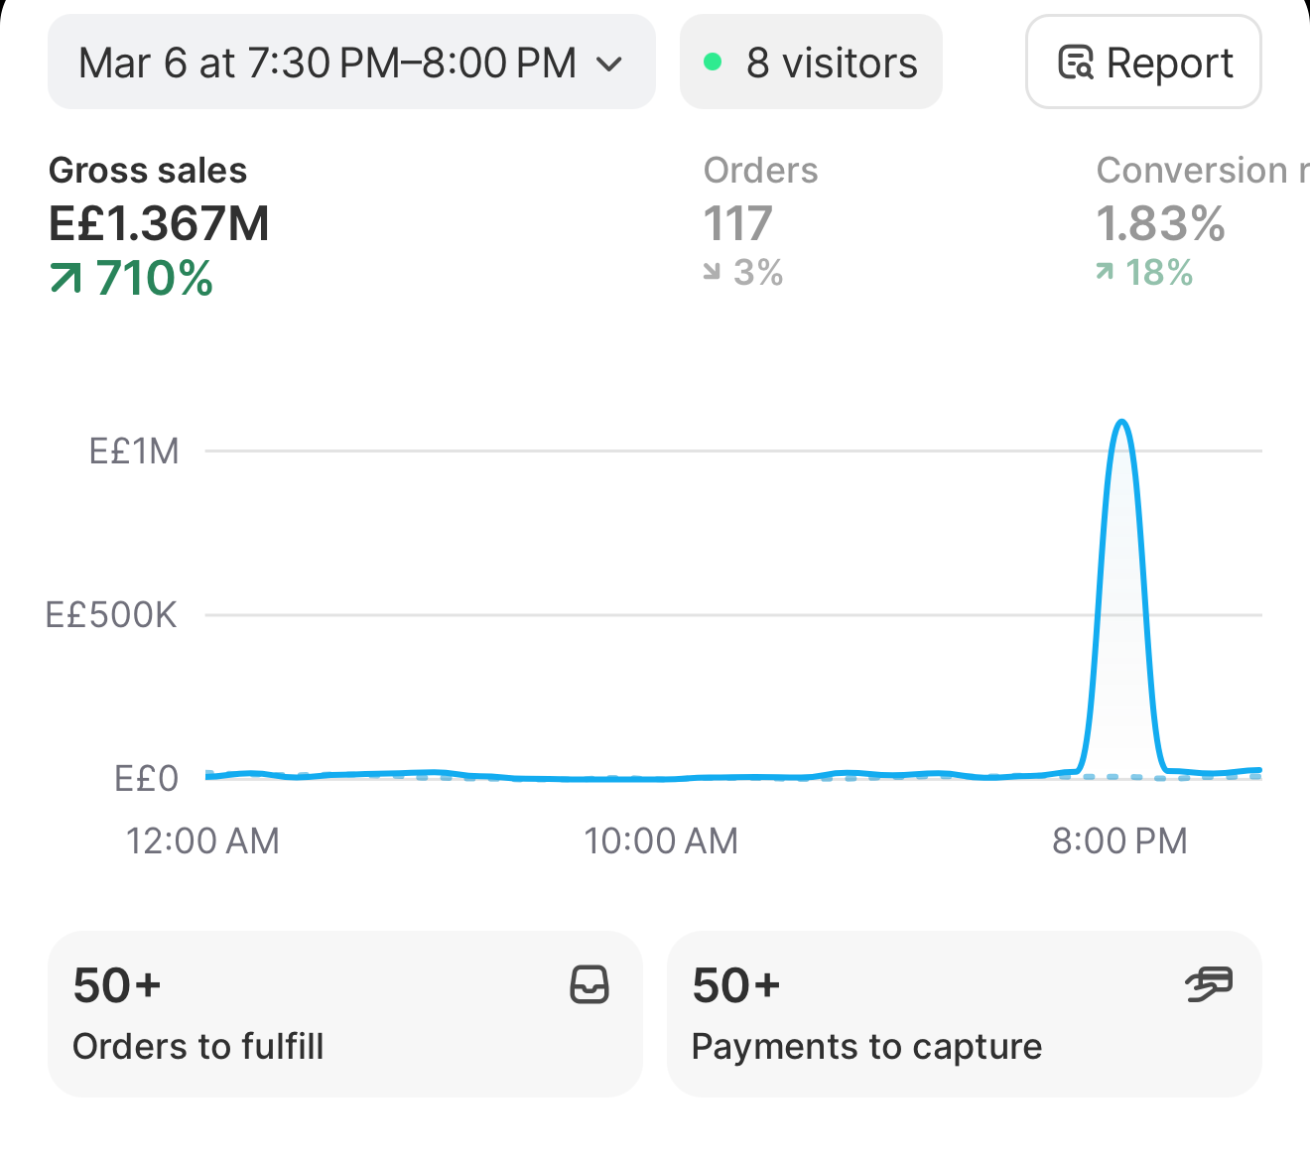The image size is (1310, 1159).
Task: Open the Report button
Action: point(1143,62)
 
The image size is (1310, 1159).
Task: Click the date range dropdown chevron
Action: point(608,64)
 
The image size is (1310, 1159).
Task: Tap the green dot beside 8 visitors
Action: point(713,62)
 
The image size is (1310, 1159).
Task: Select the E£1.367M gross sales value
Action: point(159,223)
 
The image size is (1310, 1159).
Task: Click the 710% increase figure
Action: point(154,278)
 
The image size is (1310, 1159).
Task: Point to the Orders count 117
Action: point(737,223)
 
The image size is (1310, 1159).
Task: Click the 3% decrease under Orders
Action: point(758,272)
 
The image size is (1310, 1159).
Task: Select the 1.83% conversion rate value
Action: point(1160,223)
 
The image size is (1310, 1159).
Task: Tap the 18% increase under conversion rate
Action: point(1159,272)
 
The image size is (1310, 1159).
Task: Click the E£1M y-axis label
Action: point(134,451)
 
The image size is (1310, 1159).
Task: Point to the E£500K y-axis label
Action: point(110,615)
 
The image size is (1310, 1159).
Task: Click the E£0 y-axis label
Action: point(146,778)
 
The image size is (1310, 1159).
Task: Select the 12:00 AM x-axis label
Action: point(202,841)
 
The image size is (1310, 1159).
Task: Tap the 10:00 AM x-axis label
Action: point(661,841)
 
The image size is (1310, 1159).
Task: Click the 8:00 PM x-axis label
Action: point(1119,841)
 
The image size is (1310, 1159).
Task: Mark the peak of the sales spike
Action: point(1121,422)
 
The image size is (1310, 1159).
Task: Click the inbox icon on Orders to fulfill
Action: point(589,984)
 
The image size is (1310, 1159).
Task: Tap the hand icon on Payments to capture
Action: point(1209,984)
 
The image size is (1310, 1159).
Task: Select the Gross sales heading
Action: point(148,171)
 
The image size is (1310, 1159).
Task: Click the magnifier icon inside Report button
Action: point(1076,63)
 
